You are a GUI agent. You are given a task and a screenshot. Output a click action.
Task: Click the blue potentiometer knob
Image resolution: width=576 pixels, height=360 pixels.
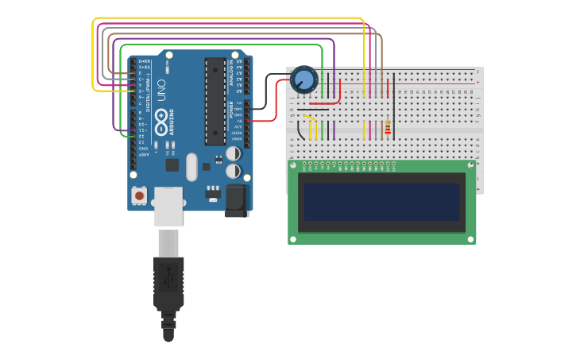click(x=303, y=79)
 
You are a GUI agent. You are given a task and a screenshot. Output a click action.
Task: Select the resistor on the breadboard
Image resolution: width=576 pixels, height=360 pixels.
click(x=387, y=128)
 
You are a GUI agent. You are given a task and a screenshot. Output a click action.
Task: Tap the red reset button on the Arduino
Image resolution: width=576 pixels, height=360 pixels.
click(x=140, y=195)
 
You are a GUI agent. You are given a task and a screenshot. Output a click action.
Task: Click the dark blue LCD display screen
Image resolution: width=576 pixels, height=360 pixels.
click(x=382, y=202)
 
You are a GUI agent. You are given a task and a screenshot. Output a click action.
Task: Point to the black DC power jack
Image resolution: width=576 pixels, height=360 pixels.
click(x=236, y=200)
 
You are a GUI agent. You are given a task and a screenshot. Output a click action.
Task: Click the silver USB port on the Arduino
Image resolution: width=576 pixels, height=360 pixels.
click(x=168, y=206)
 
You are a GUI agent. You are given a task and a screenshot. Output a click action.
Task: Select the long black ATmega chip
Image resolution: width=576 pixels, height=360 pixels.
click(x=215, y=101)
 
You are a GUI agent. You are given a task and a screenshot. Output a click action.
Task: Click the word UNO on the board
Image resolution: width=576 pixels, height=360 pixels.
click(x=161, y=89)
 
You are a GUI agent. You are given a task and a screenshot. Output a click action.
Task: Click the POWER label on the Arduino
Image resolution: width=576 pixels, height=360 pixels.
click(x=232, y=110)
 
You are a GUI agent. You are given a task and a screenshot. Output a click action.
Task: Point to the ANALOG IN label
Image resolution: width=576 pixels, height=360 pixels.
click(x=232, y=72)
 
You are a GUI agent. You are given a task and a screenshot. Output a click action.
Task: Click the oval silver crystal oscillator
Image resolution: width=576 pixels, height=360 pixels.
click(x=191, y=167)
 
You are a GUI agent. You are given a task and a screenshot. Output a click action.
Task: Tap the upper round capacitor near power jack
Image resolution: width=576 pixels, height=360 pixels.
click(x=234, y=153)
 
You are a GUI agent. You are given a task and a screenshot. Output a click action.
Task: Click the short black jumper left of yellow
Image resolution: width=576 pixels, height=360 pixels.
click(x=300, y=129)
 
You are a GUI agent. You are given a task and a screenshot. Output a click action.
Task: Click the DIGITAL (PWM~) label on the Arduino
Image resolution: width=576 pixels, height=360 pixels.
click(x=149, y=92)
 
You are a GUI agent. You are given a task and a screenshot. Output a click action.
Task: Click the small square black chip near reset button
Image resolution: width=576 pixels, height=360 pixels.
click(x=172, y=165)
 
